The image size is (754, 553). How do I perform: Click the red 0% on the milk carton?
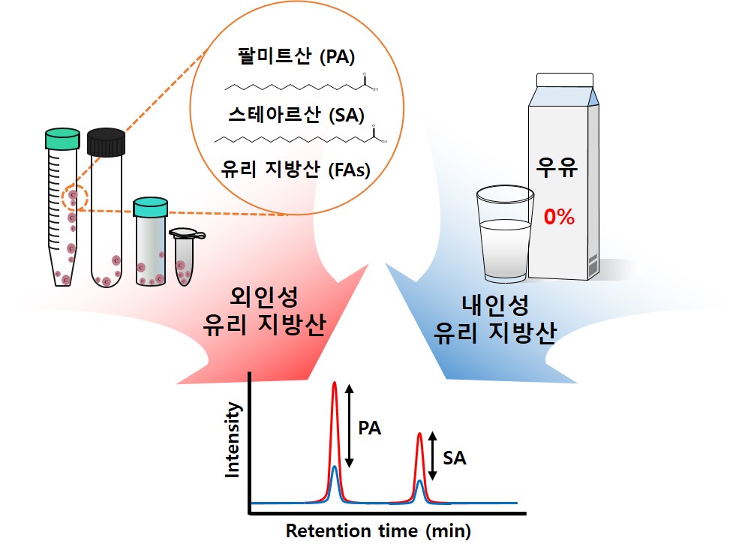pyautogui.click(x=559, y=218)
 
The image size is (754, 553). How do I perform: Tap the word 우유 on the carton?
pyautogui.click(x=556, y=167)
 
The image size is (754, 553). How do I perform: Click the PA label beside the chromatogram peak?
pyautogui.click(x=369, y=428)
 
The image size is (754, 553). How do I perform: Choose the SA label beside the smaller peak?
pyautogui.click(x=455, y=458)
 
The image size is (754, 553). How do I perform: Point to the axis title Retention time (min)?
pyautogui.click(x=378, y=531)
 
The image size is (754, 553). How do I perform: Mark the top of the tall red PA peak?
pyautogui.click(x=335, y=384)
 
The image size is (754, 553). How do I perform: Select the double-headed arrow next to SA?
pyautogui.click(x=432, y=456)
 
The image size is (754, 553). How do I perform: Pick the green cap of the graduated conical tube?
pyautogui.click(x=62, y=140)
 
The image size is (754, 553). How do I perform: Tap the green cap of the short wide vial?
pyautogui.click(x=150, y=205)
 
